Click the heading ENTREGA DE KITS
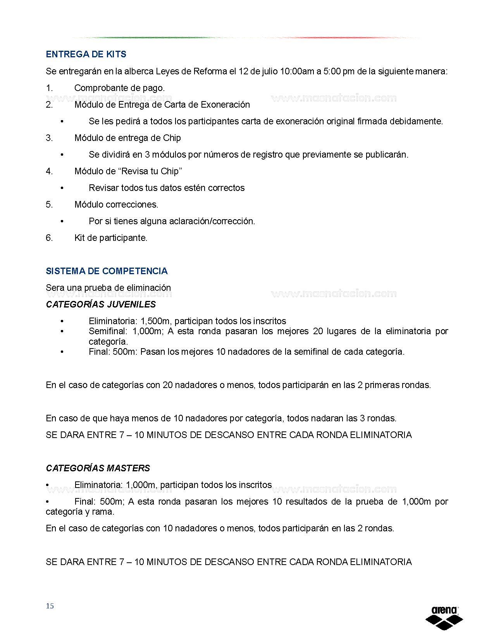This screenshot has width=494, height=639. point(86,54)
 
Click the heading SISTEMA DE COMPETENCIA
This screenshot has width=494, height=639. point(107,271)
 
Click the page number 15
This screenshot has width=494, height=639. point(50,606)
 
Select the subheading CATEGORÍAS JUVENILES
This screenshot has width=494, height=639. point(101,304)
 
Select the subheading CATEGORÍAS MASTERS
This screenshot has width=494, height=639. point(98,468)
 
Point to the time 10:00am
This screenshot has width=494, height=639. point(297,71)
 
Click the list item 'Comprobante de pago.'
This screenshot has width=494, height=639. point(119,88)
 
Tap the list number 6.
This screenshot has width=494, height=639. point(49,238)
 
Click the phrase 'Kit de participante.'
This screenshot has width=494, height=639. point(111,238)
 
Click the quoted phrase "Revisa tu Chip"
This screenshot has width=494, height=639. point(152,171)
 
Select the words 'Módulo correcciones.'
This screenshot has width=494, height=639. point(116,204)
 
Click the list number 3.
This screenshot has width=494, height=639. point(49,138)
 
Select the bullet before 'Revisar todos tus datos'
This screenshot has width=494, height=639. point(62,188)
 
